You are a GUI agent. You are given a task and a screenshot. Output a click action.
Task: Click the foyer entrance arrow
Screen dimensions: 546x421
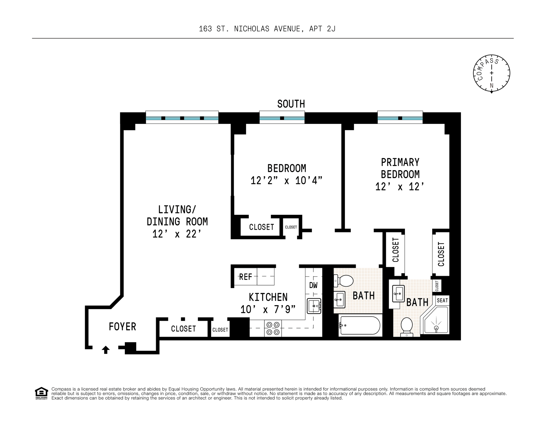pyautogui.click(x=106, y=350)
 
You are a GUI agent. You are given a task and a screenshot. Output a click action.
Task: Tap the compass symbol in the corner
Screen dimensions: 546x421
pyautogui.click(x=491, y=73)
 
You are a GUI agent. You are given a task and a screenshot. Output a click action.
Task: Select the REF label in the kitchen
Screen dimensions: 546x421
pyautogui.click(x=246, y=277)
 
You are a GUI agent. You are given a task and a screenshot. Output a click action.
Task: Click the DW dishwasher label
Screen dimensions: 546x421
pyautogui.click(x=313, y=285)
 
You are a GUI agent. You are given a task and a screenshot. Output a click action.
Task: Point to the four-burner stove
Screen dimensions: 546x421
pyautogui.click(x=273, y=328)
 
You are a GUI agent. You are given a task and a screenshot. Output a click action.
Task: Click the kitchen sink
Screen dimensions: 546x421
pyautogui.click(x=314, y=306)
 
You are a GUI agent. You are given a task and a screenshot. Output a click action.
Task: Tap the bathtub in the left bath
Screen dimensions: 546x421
pyautogui.click(x=359, y=326)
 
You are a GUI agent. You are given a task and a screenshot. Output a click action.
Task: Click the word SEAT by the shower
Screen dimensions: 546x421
pyautogui.click(x=442, y=300)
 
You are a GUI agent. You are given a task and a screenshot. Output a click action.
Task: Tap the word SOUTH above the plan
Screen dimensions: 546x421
pyautogui.click(x=291, y=104)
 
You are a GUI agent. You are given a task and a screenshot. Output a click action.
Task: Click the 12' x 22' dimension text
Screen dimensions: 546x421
pyautogui.click(x=177, y=234)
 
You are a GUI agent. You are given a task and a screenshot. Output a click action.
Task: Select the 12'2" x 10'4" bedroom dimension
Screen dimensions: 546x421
pyautogui.click(x=287, y=180)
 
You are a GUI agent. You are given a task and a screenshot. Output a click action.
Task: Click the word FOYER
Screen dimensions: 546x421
pyautogui.click(x=122, y=327)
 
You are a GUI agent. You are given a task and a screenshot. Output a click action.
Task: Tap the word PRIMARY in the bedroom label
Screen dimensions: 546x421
pyautogui.click(x=400, y=162)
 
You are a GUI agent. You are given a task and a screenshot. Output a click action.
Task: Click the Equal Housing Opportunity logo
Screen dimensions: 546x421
pyautogui.click(x=42, y=393)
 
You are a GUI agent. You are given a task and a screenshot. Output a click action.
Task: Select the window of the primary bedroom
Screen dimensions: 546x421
pyautogui.click(x=400, y=117)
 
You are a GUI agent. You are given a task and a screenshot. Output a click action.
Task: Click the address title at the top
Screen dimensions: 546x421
pyautogui.click(x=267, y=29)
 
